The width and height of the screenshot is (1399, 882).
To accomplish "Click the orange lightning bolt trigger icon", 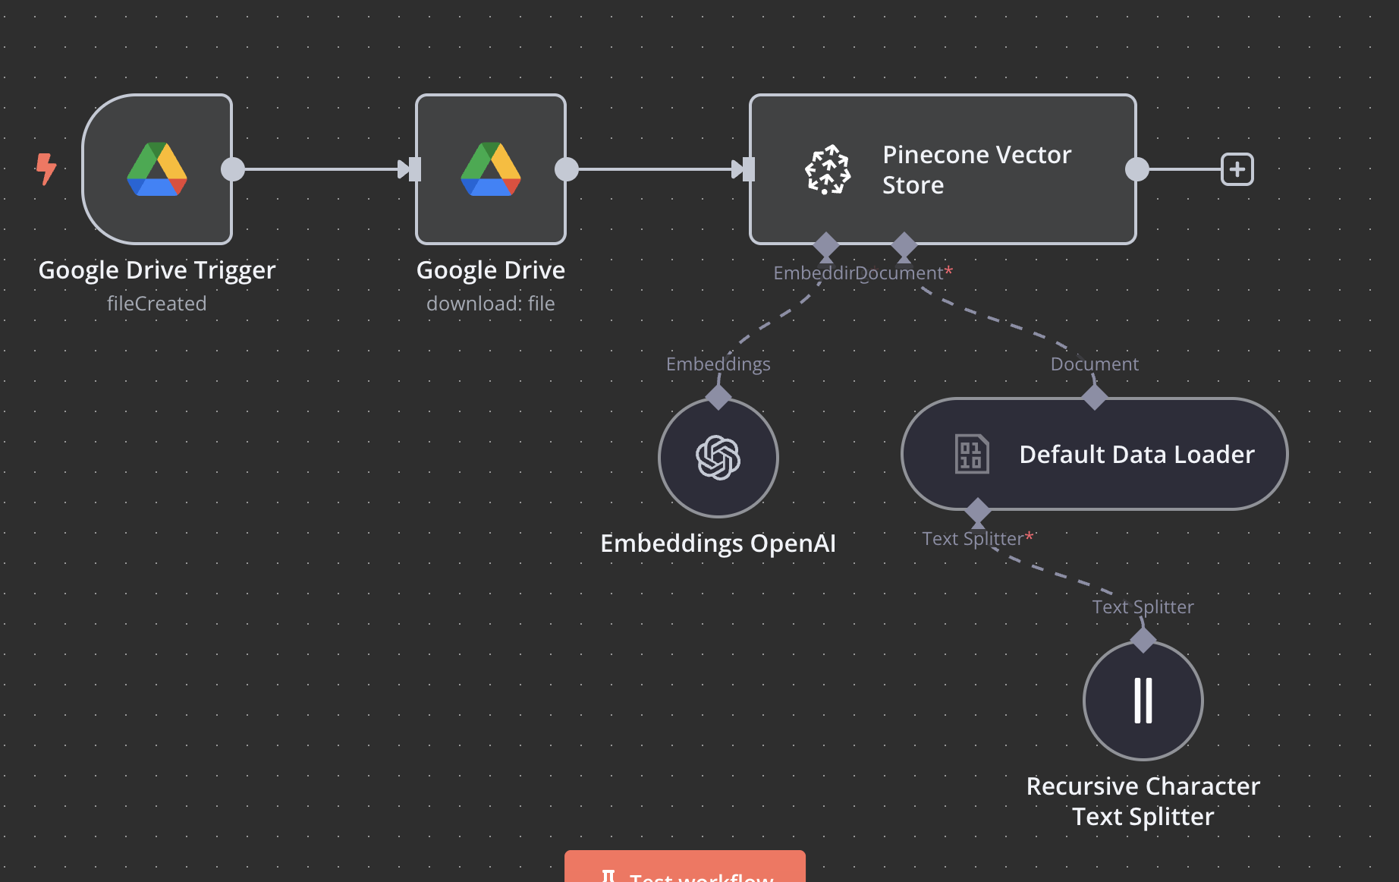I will pyautogui.click(x=46, y=169).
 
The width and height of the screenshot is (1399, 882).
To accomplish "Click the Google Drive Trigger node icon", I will pyautogui.click(x=157, y=169).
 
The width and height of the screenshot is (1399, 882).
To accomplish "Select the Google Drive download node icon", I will pyautogui.click(x=491, y=169).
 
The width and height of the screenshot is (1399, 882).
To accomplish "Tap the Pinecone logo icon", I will pyautogui.click(x=827, y=169).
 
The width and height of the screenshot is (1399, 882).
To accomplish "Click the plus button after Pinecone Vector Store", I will pyautogui.click(x=1237, y=169).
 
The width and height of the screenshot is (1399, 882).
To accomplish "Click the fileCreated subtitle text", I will pyautogui.click(x=156, y=304).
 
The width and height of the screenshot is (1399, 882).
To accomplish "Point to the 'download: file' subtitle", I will pyautogui.click(x=490, y=304).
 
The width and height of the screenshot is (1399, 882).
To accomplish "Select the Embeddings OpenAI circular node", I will pyautogui.click(x=718, y=458).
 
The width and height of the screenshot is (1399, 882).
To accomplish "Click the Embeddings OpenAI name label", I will pyautogui.click(x=718, y=543).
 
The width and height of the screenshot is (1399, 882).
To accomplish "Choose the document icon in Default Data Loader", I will pyautogui.click(x=971, y=454).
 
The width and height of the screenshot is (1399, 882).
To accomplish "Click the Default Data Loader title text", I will pyautogui.click(x=1136, y=454).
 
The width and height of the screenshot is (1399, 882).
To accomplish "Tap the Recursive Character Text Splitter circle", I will pyautogui.click(x=1143, y=701).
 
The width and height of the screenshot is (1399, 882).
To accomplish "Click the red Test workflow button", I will pyautogui.click(x=684, y=870).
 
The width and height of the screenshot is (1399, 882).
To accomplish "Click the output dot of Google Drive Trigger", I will pyautogui.click(x=233, y=169).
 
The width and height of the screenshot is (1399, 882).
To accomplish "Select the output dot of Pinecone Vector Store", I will pyautogui.click(x=1136, y=169).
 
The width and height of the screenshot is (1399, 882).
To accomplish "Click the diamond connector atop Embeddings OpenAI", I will pyautogui.click(x=718, y=397).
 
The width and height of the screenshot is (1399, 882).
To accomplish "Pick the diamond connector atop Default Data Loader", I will pyautogui.click(x=1094, y=397).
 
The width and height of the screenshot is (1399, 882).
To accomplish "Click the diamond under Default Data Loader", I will pyautogui.click(x=978, y=510).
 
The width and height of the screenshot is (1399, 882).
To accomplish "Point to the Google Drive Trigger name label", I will pyautogui.click(x=157, y=270).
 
